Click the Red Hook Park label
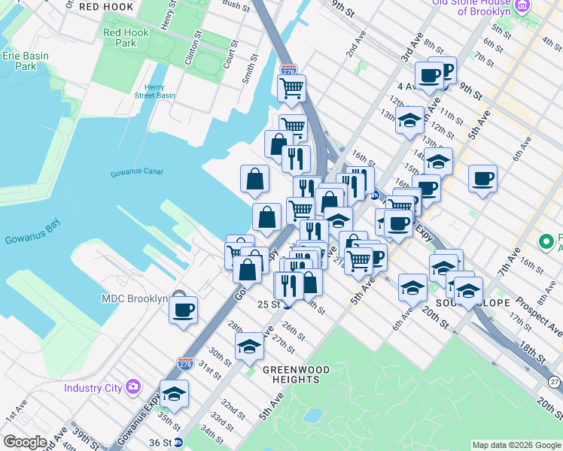pos(120,38)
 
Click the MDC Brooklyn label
pos(134,298)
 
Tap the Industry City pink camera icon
pos(134,387)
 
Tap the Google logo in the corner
pos(25,442)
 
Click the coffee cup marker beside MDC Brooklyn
pos(183,309)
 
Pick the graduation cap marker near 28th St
pos(249,346)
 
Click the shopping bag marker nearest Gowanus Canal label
pos(255,178)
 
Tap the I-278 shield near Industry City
pos(186,363)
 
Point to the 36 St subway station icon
pos(178,442)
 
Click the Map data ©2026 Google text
pos(516,445)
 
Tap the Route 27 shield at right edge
pos(555,383)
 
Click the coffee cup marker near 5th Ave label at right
pos(482,178)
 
